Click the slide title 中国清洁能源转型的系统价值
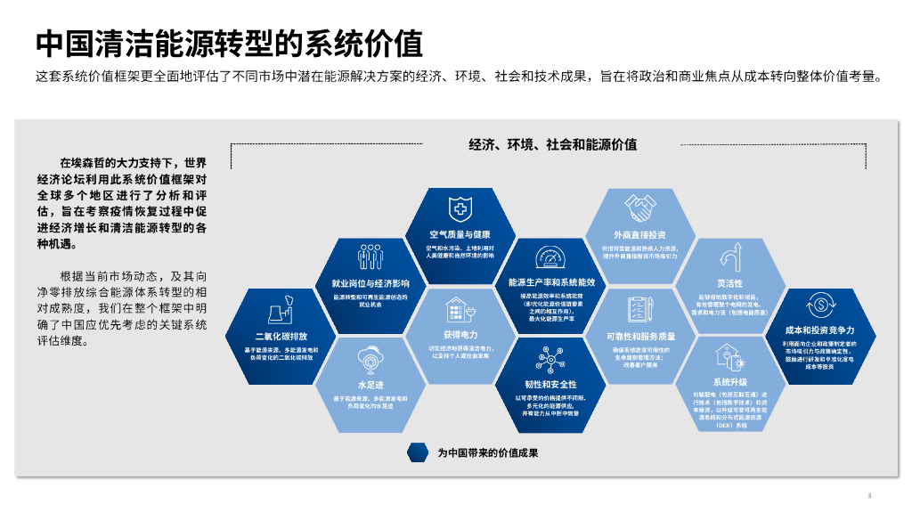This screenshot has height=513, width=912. (x=229, y=42)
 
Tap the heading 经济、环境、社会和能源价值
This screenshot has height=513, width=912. (x=553, y=144)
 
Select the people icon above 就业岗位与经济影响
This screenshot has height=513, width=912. (x=370, y=257)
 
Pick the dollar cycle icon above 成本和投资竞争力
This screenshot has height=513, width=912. (x=818, y=304)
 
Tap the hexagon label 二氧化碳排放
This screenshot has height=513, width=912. (x=281, y=337)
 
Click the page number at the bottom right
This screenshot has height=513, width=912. (x=868, y=495)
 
